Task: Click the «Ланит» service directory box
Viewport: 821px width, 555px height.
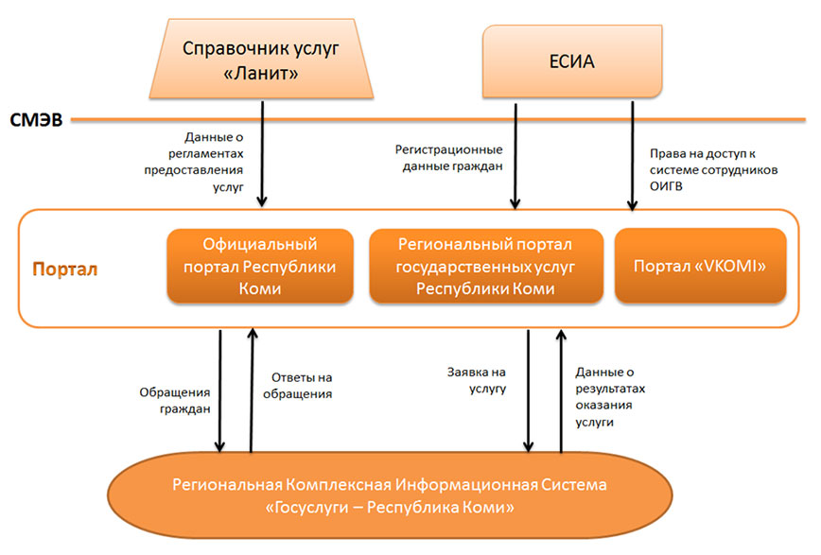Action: click(259, 61)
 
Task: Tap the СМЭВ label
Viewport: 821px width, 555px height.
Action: click(36, 120)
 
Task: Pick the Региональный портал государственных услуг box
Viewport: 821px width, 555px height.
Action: click(484, 266)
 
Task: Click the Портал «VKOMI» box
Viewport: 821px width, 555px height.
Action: click(700, 266)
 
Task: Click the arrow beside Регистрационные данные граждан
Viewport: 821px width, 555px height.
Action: click(515, 156)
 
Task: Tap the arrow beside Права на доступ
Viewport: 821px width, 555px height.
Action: click(632, 156)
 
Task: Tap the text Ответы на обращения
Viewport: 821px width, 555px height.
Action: click(302, 386)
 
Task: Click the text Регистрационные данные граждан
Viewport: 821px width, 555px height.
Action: click(448, 158)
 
